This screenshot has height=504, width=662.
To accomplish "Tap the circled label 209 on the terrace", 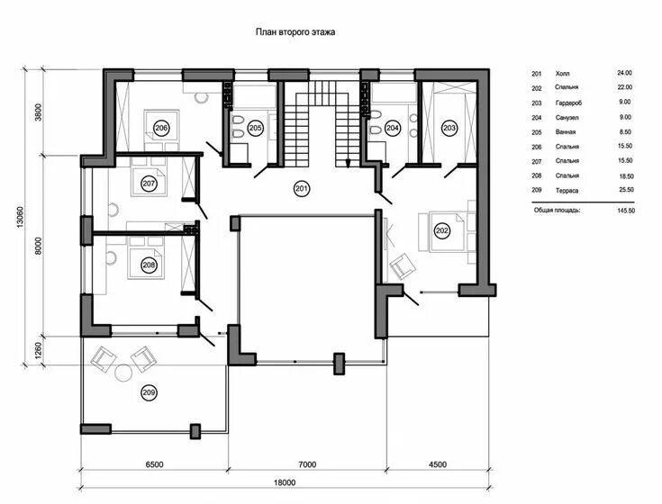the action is click(x=149, y=391).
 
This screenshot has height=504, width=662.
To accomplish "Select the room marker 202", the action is click(x=442, y=231).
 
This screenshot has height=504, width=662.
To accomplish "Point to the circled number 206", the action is click(x=161, y=129).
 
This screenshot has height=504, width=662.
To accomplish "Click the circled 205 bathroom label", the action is click(x=256, y=129).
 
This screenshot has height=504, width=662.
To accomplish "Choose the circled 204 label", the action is click(x=393, y=129).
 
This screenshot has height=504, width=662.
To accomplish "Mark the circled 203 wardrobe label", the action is click(x=450, y=129).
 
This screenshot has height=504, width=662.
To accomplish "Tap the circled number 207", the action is click(x=150, y=183).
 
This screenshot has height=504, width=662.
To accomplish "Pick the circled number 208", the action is click(x=149, y=265).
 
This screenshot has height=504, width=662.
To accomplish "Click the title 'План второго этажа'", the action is click(x=296, y=31).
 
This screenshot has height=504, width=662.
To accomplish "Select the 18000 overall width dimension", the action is click(x=285, y=483).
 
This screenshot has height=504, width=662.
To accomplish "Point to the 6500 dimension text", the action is click(x=154, y=465).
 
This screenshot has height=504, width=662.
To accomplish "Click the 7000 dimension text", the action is click(x=307, y=465).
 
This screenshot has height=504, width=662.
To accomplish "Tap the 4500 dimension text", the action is click(x=438, y=465).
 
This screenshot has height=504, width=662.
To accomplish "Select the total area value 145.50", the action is click(x=625, y=210).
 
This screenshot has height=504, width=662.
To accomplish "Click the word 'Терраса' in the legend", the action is click(x=569, y=191).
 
